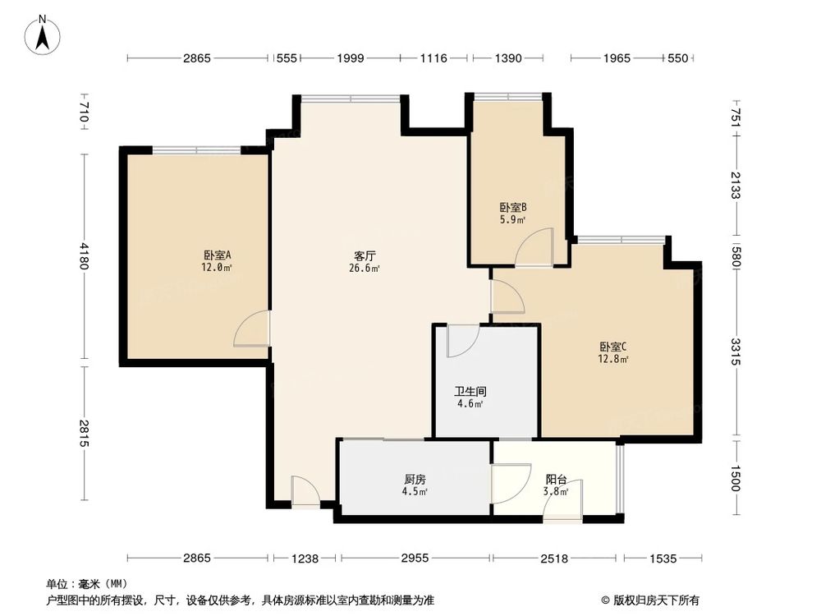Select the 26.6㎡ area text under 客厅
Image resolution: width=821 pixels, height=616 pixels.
click(x=365, y=269)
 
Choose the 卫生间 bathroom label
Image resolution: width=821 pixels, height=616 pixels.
click(x=469, y=392)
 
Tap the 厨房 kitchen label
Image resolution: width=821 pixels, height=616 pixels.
click(x=415, y=480)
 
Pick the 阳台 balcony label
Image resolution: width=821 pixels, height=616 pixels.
click(x=557, y=480)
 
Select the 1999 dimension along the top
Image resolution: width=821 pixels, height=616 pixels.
click(x=350, y=57)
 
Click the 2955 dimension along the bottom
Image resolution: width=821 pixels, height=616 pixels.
click(x=415, y=559)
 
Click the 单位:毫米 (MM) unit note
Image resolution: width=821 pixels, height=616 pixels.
click(x=85, y=584)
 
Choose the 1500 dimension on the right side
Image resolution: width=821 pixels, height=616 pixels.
click(x=736, y=478)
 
